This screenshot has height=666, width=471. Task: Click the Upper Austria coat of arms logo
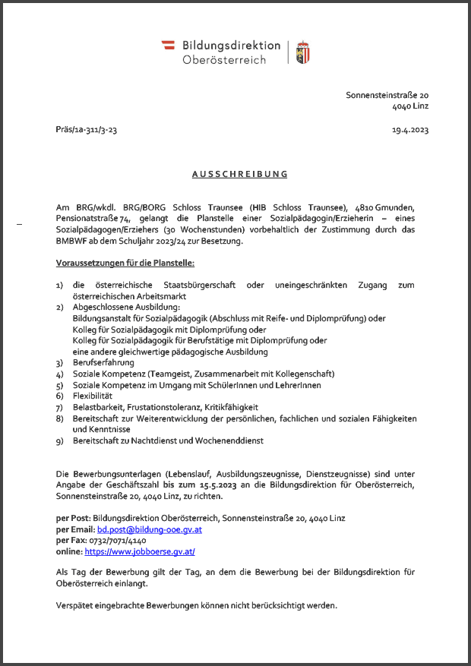302,52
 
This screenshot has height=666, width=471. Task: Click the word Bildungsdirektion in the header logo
231,46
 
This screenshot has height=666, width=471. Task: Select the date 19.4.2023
410,130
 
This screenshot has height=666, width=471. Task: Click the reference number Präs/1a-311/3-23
87,130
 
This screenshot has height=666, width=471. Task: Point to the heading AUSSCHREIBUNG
240,174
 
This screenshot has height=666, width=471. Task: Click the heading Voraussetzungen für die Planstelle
125,263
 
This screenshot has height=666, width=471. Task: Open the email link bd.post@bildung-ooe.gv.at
149,529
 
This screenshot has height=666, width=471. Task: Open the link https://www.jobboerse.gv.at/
140,551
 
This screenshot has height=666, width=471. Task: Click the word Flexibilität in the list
93,396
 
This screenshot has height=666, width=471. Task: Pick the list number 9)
60,440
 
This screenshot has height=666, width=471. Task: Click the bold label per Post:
74,518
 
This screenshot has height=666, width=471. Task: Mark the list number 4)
60,374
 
